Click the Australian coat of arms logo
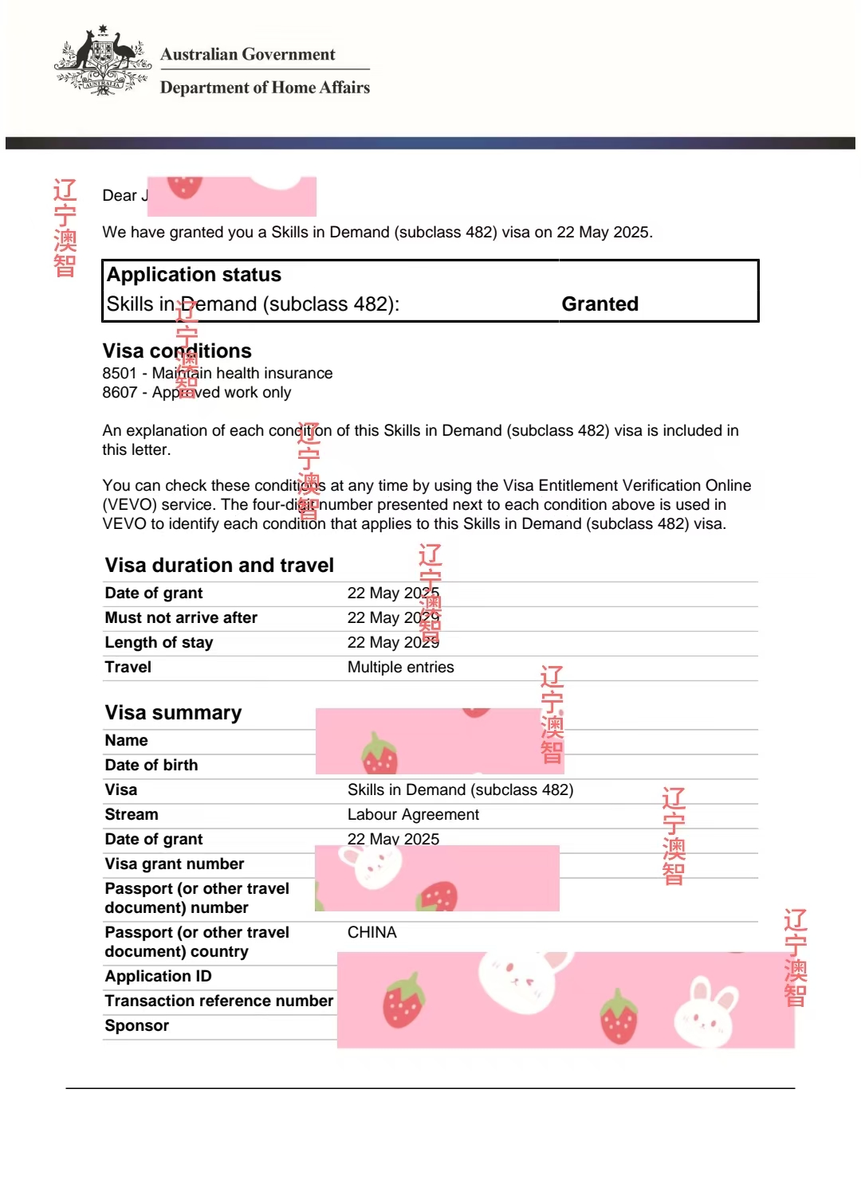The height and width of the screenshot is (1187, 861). [103, 61]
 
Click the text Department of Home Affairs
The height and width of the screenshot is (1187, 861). [265, 88]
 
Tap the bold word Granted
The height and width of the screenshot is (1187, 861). [600, 304]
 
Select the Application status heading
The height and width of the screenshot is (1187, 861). [194, 275]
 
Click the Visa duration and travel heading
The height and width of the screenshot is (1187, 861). [219, 565]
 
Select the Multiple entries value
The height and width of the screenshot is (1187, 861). [400, 667]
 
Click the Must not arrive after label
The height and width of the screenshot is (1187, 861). [181, 617]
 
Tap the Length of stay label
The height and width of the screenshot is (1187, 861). [159, 642]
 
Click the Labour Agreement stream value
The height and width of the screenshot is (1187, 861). [413, 814]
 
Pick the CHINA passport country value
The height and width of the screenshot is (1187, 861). [372, 932]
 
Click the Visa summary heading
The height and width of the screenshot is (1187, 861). [173, 712]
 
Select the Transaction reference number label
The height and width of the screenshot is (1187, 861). [218, 1001]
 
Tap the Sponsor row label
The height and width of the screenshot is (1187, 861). [136, 1025]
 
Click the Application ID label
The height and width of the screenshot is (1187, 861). [158, 976]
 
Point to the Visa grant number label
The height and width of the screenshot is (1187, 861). [174, 864]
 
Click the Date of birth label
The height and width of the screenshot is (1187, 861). [151, 765]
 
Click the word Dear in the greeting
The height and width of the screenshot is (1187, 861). [120, 195]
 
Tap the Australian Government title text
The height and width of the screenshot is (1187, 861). [247, 54]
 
